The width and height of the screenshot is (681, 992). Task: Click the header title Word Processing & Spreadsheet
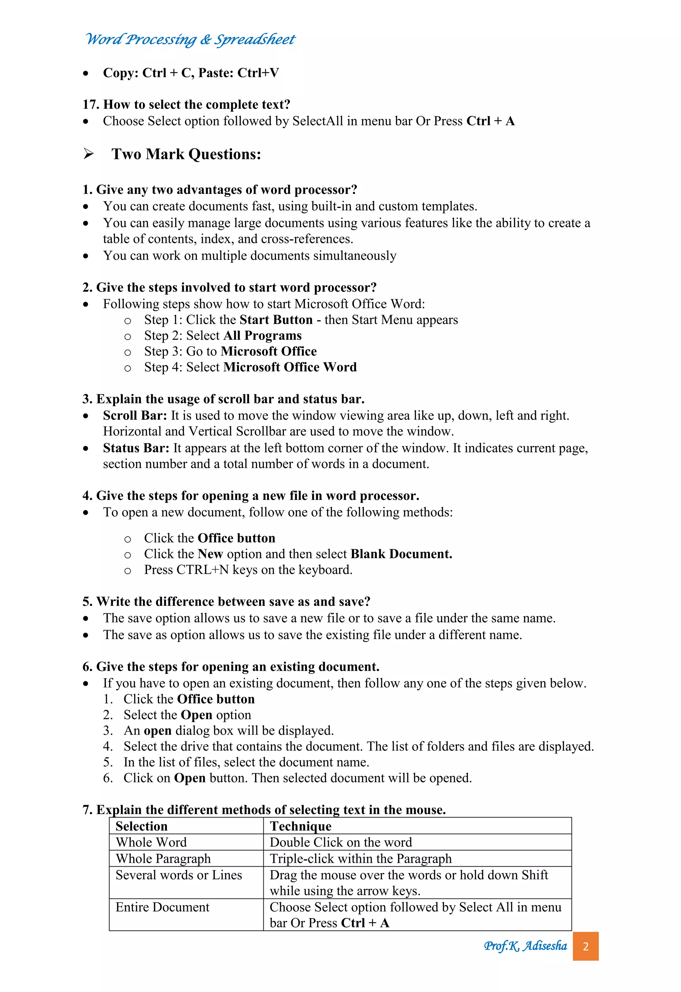[190, 39]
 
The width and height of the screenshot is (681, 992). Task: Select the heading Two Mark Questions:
[186, 154]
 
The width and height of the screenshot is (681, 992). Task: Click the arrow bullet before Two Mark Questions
[88, 154]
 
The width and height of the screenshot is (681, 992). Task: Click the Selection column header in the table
[142, 826]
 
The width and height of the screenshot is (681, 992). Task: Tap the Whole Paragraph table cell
[163, 858]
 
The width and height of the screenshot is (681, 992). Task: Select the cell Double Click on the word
[340, 842]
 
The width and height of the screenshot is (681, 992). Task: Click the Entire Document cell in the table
[162, 907]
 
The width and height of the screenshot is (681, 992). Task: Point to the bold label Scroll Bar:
[135, 415]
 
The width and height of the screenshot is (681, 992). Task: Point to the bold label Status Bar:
[136, 448]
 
